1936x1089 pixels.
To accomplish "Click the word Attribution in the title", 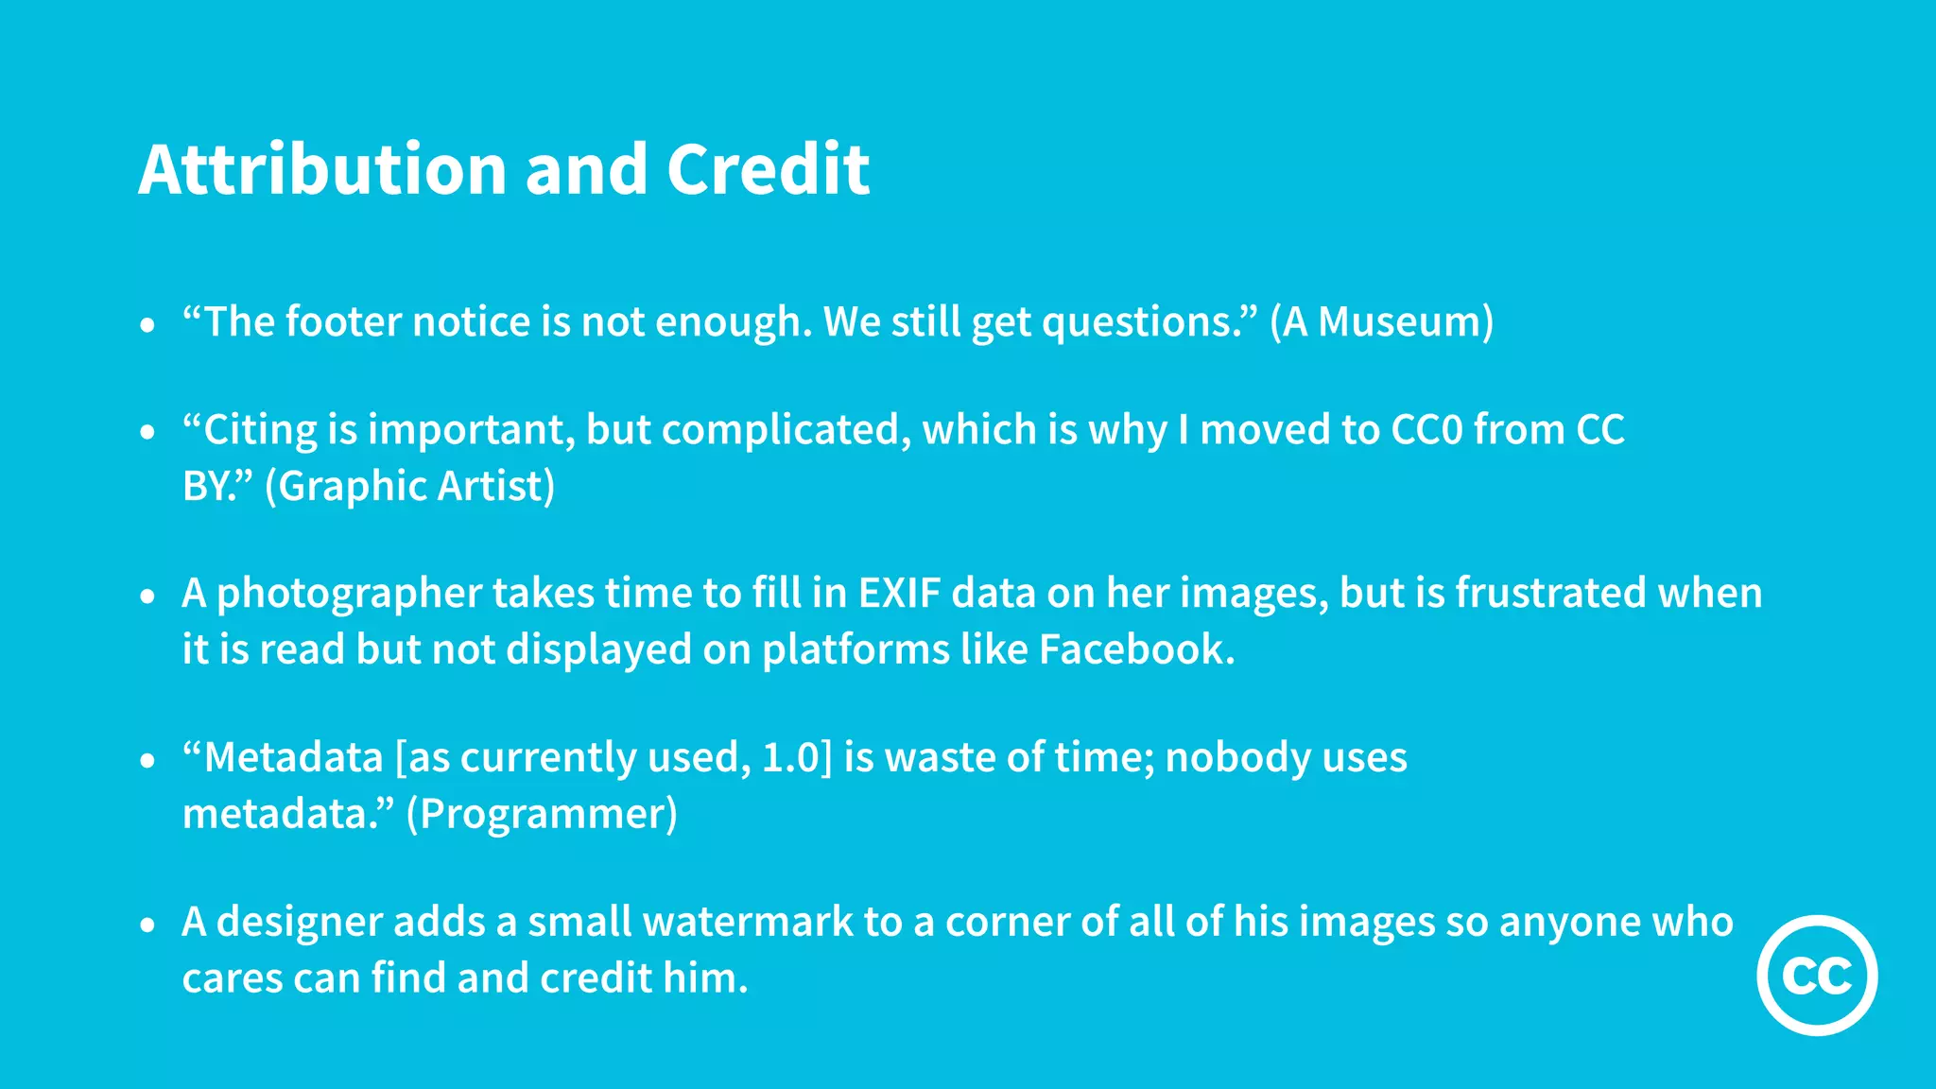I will coord(321,170).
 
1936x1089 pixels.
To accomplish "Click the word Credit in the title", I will coord(768,170).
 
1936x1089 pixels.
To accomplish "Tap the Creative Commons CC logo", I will coord(1817,975).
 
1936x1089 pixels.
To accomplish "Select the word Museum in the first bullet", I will coord(1399,322).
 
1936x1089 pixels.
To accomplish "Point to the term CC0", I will coord(1426,430).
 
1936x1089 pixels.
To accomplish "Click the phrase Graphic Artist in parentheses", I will coord(410,487).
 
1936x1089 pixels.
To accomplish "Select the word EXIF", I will coord(899,594).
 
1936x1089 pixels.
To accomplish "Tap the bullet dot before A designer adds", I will coord(147,925).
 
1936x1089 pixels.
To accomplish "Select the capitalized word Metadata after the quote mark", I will coord(293,758).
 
